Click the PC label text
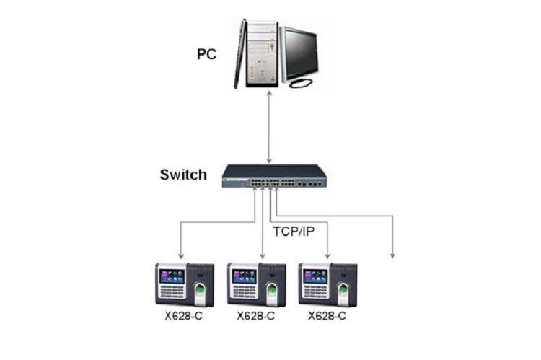click(209, 53)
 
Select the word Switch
click(182, 175)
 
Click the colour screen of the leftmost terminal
click(173, 275)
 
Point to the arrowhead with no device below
click(392, 255)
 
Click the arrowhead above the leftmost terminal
click(180, 255)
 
